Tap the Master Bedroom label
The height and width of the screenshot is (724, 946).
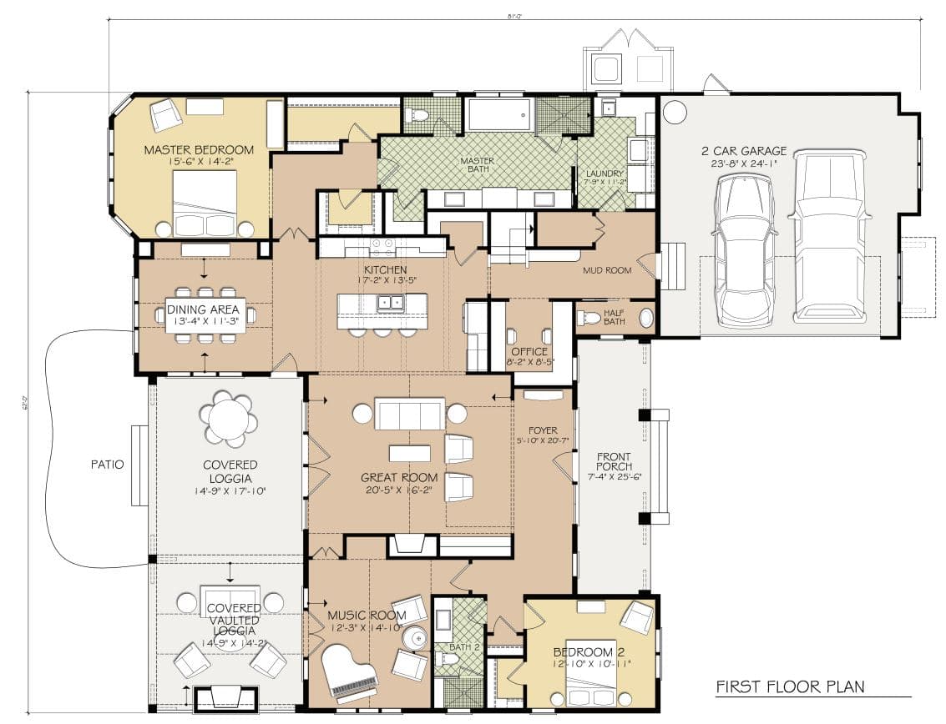199,150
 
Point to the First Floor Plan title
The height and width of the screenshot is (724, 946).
791,687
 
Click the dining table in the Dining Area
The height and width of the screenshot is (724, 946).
205,315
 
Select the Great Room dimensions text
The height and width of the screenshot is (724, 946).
399,490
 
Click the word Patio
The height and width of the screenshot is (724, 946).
107,465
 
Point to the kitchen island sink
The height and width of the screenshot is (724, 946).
391,303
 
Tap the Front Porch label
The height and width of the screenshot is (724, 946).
614,461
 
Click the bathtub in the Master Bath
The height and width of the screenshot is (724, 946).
499,115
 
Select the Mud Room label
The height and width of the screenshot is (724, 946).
606,270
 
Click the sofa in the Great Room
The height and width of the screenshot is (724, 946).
409,414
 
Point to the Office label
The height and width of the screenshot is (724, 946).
530,351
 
